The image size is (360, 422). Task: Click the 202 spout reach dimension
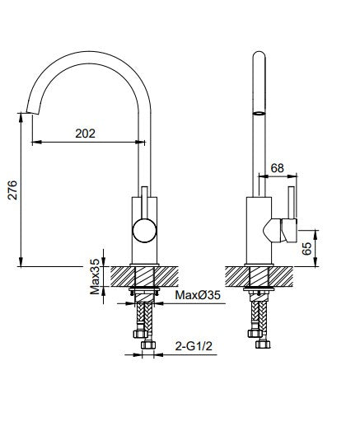click(85, 131)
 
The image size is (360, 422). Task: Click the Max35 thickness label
click(96, 275)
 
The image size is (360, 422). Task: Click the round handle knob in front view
click(144, 231)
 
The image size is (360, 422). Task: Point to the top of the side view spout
click(258, 56)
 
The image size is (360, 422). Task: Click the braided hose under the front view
click(144, 317)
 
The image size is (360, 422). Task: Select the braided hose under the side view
click(258, 317)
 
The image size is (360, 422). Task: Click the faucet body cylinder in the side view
click(258, 231)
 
